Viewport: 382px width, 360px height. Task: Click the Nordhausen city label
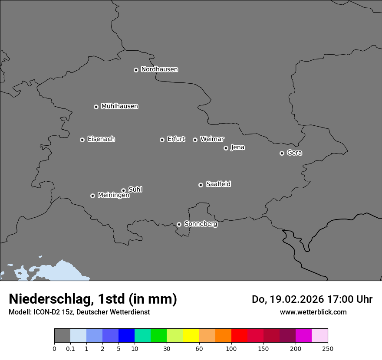tap(159, 69)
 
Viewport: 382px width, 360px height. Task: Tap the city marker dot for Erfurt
tap(162, 140)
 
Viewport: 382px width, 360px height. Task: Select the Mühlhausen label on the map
tap(119, 106)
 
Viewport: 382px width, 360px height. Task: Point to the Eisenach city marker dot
tap(82, 140)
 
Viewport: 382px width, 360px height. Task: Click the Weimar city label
tap(212, 139)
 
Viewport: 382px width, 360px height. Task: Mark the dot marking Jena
tap(226, 148)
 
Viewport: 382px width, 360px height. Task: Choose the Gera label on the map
tap(294, 153)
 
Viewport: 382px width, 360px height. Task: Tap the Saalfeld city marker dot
tap(201, 185)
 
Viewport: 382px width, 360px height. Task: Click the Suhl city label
tap(135, 190)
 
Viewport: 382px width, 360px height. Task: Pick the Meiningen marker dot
tap(92, 196)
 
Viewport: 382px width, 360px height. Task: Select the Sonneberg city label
tap(201, 224)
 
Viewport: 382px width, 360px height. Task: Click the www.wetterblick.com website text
tap(313, 312)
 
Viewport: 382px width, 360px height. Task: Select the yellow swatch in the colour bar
tap(191, 336)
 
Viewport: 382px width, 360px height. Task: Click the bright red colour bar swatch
tap(239, 336)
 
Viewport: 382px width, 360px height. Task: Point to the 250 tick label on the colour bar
tap(328, 349)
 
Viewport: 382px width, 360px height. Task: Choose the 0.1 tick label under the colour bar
tap(70, 349)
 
